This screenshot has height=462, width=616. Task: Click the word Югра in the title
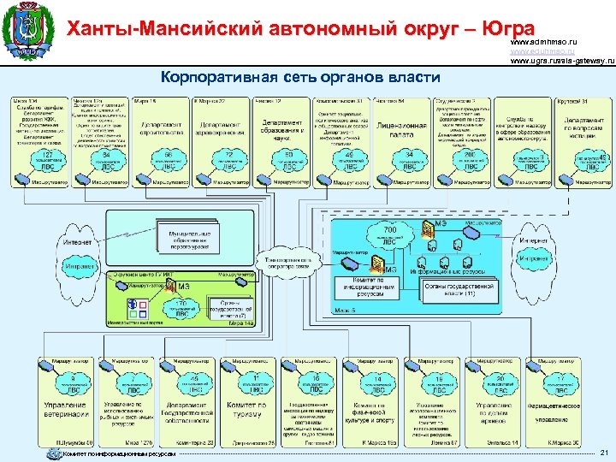pyautogui.click(x=507, y=29)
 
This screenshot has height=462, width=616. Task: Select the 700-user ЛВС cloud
pyautogui.click(x=388, y=234)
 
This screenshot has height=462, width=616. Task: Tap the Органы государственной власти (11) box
pyautogui.click(x=460, y=291)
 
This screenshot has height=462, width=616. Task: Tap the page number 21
pyautogui.click(x=604, y=452)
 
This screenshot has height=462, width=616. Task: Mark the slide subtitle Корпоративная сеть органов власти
pyautogui.click(x=300, y=77)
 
